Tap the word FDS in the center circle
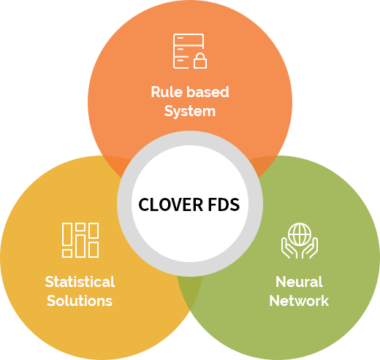224,204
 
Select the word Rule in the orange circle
167,92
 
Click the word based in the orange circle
208,92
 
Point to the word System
190,112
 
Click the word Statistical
80,282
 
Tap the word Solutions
80,301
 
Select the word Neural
299,282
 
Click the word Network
299,301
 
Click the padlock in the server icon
200,61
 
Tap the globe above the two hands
300,234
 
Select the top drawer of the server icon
189,39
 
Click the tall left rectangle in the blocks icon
67,234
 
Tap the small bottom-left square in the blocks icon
67,253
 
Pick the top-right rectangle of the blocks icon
94,230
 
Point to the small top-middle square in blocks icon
80,227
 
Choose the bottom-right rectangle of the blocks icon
94,250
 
